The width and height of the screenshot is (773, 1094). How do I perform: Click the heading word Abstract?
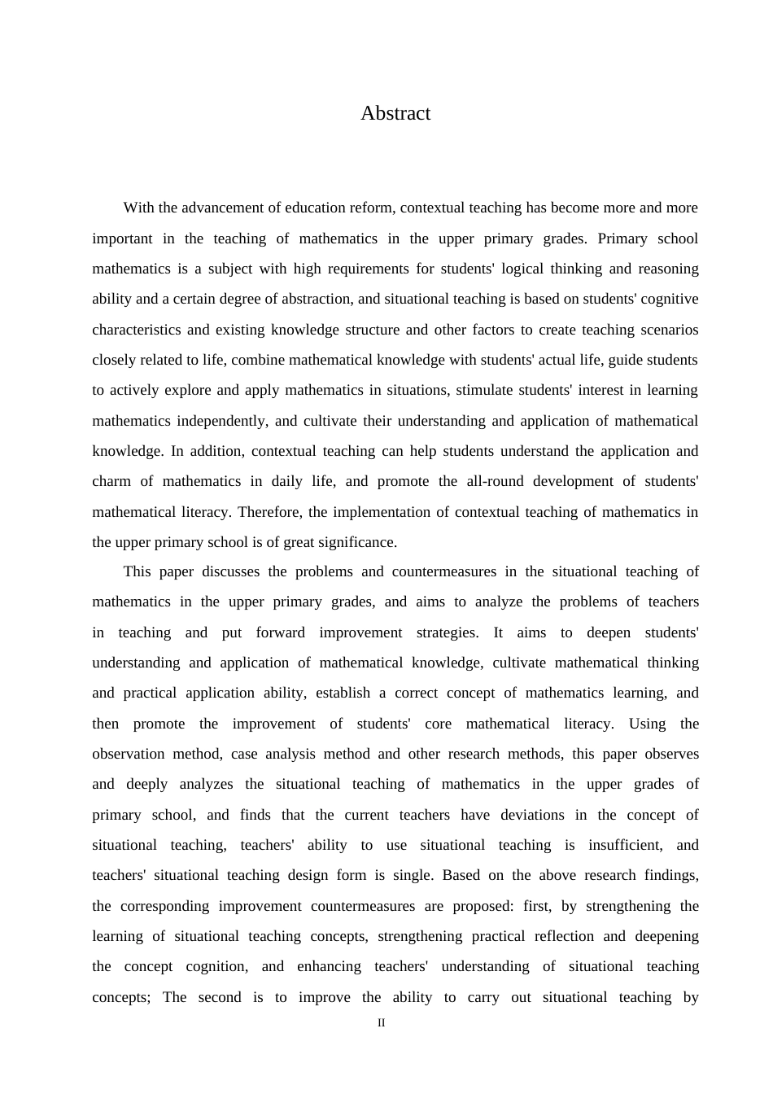[395, 113]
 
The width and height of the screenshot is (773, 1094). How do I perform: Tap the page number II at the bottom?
[381, 1023]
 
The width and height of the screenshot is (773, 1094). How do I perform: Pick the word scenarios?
[668, 330]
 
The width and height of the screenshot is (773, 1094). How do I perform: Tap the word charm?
[111, 481]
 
